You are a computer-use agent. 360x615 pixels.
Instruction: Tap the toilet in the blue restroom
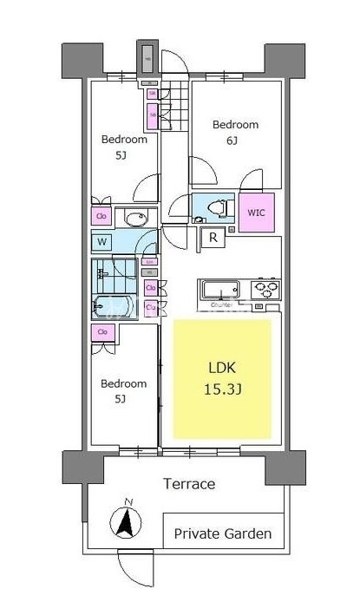pos(218,209)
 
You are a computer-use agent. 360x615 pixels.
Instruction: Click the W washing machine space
pos(103,241)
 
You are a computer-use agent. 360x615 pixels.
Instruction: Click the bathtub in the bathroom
pos(110,306)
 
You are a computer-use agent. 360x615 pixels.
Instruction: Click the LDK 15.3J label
pos(222,378)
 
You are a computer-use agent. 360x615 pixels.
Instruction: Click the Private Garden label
pos(223,533)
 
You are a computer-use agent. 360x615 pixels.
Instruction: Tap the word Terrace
pos(189,484)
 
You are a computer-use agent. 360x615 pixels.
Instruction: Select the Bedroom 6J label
pos(235,131)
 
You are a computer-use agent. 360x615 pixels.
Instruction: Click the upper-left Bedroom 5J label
pos(123,146)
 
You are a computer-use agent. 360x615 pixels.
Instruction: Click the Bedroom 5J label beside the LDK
pos(122,390)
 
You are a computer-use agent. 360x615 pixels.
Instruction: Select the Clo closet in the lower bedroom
pos(102,331)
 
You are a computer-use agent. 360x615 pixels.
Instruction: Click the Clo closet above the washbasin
pos(101,216)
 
